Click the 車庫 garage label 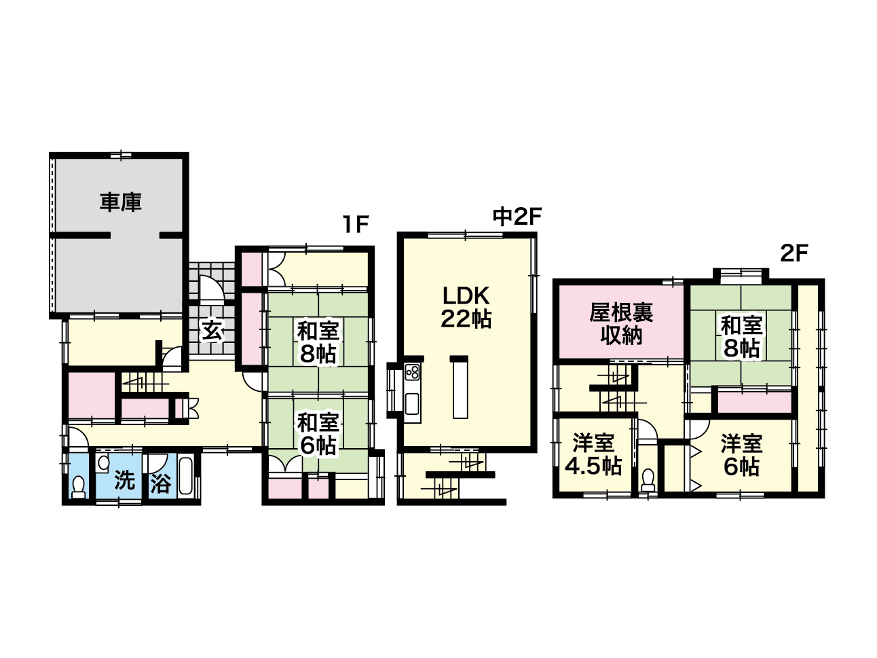[120, 202]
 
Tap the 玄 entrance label [212, 330]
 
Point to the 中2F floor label [517, 217]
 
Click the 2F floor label [794, 253]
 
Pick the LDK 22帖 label [466, 308]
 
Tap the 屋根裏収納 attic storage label [621, 324]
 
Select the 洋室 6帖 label [741, 455]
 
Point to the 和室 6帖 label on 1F [318, 434]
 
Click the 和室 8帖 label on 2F [741, 336]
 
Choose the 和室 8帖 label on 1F [318, 342]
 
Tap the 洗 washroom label [125, 480]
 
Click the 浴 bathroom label [161, 483]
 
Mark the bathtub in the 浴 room [186, 476]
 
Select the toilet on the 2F [647, 481]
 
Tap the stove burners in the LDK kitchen [412, 373]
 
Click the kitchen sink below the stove [412, 404]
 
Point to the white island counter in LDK [460, 389]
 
